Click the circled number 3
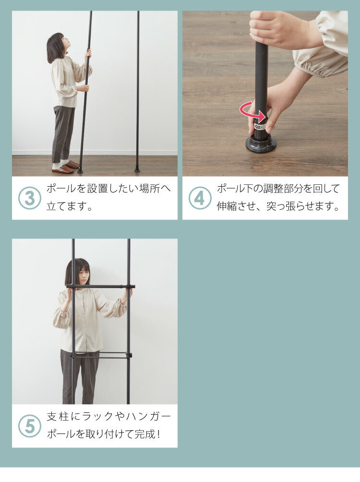tap(29, 198)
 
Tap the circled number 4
tap(200, 198)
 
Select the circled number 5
tap(29, 426)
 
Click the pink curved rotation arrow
tap(252, 112)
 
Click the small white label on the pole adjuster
tap(260, 126)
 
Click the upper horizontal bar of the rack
tap(100, 287)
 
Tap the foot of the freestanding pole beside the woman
tap(137, 169)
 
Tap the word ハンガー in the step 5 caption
tap(148, 417)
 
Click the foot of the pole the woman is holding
tap(80, 170)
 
